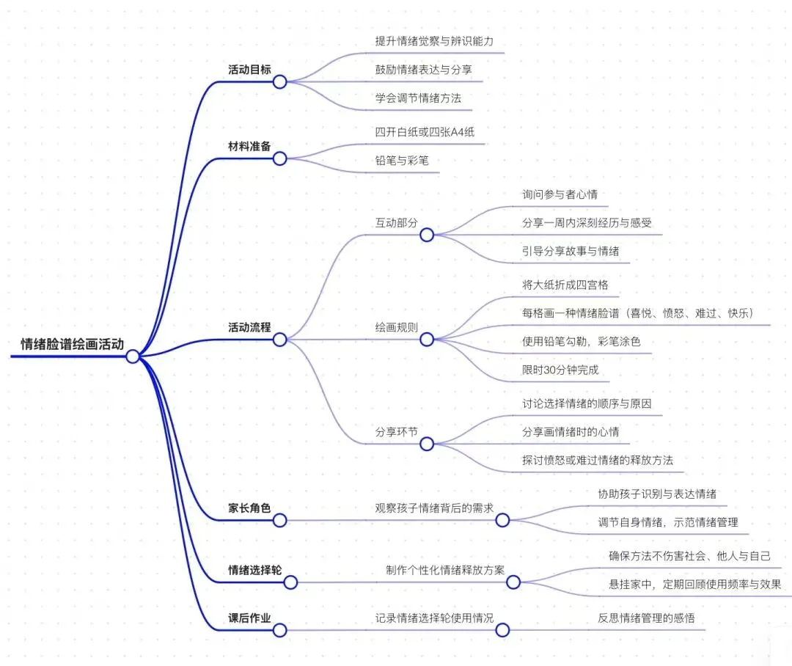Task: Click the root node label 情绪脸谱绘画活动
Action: point(72,343)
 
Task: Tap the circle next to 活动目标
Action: point(279,81)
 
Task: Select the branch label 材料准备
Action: point(249,147)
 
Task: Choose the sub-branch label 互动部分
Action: point(396,222)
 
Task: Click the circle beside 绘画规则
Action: point(427,339)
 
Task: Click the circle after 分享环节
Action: point(427,444)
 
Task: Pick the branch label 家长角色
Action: point(249,508)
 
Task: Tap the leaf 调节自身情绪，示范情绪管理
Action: point(667,522)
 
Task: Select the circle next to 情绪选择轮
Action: point(290,582)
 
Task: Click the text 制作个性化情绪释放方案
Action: point(445,570)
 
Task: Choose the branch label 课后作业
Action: point(249,618)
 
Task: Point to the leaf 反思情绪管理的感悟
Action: point(646,618)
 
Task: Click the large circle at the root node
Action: point(133,356)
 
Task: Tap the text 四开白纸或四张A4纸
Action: point(429,131)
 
